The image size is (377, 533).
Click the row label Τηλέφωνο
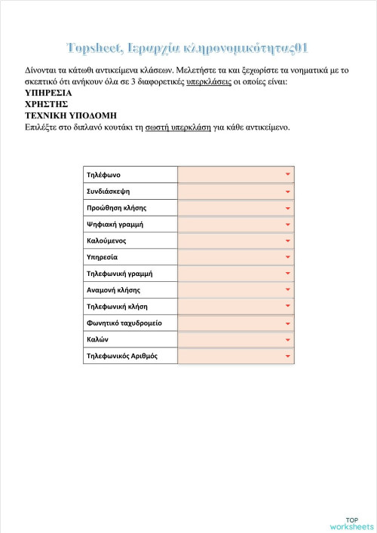(104, 175)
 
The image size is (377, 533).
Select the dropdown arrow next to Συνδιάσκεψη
(287, 191)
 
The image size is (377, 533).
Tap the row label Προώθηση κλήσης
(116, 207)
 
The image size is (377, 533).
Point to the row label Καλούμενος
(106, 240)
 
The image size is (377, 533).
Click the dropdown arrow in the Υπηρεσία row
(287, 257)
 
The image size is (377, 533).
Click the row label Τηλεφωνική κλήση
(117, 306)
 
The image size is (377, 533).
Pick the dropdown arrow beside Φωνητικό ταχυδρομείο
(287, 323)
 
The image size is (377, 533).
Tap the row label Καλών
(98, 339)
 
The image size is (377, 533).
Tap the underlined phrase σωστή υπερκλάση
(178, 127)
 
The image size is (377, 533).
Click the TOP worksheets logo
(351, 522)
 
